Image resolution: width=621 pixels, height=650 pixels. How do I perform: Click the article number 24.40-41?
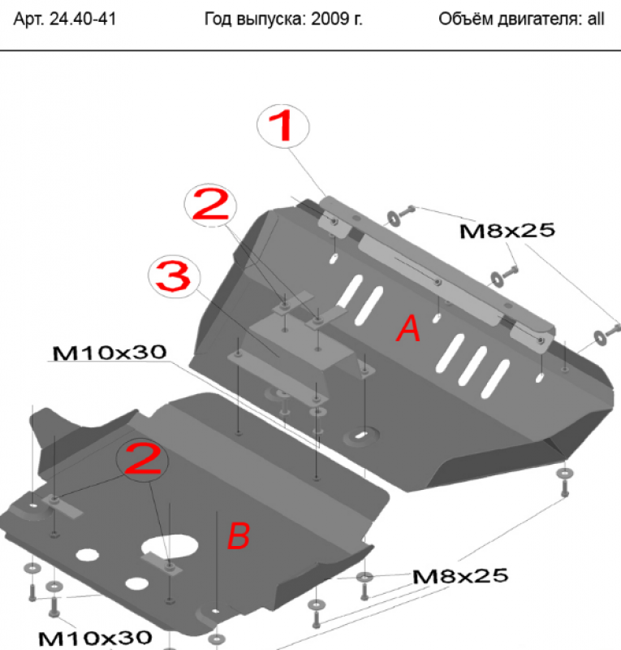tap(83, 19)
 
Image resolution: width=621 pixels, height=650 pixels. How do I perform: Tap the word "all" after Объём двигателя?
tap(596, 19)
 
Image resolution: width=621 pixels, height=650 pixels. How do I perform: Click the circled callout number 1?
tap(283, 126)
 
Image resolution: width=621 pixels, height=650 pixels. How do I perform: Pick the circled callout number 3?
tap(174, 276)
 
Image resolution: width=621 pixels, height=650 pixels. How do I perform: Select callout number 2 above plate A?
tap(210, 206)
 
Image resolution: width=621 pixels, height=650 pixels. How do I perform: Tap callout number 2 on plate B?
tap(143, 459)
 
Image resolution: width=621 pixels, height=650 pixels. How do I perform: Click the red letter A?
tap(409, 328)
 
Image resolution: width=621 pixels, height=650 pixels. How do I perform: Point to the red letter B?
tap(239, 535)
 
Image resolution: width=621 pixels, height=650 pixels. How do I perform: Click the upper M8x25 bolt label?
tap(507, 231)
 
